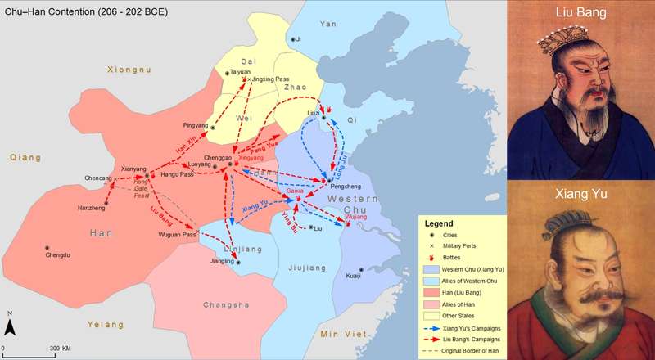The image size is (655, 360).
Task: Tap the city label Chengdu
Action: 61,254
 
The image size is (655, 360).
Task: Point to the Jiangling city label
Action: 221,262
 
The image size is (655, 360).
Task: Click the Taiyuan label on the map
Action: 240,72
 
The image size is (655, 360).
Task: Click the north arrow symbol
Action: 9,326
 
